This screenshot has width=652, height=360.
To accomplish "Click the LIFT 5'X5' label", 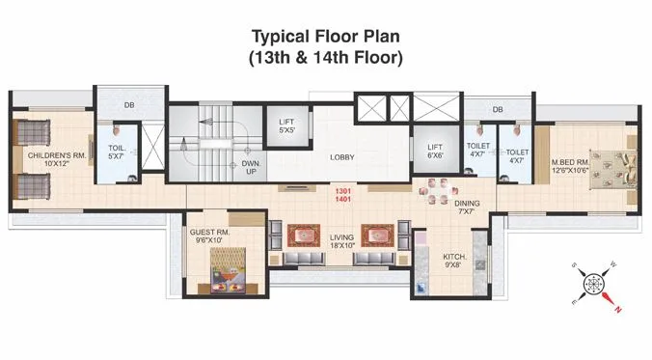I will [x=286, y=126].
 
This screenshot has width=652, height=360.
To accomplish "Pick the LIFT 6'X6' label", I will [x=435, y=152].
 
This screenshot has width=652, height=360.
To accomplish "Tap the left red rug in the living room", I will [x=301, y=235].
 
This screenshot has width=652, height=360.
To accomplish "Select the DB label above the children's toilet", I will [x=129, y=105].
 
